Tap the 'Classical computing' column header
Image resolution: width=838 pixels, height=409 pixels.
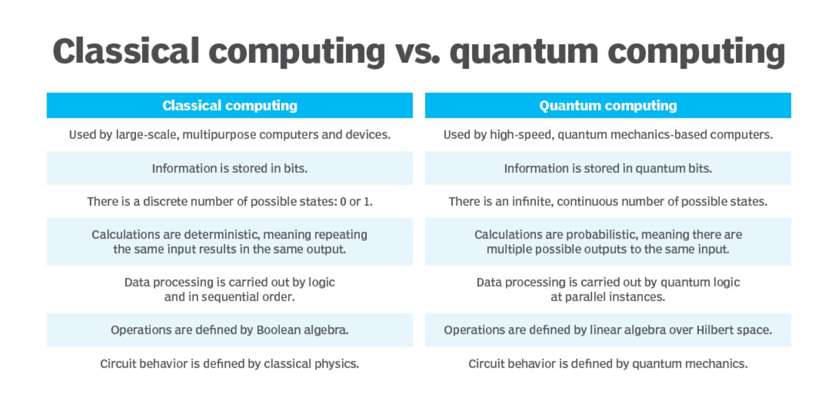pyautogui.click(x=229, y=105)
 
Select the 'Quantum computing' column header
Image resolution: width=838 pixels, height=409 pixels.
pyautogui.click(x=608, y=105)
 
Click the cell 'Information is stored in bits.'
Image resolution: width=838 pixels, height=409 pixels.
pyautogui.click(x=229, y=169)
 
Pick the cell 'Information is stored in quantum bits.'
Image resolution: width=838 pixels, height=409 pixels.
pyautogui.click(x=608, y=169)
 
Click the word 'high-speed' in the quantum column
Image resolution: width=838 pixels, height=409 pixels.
pyautogui.click(x=522, y=135)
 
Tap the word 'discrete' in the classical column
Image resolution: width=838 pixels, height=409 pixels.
pyautogui.click(x=165, y=202)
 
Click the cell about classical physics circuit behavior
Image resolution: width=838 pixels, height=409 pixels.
pyautogui.click(x=229, y=363)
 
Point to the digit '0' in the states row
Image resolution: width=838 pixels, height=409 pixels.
pyautogui.click(x=343, y=202)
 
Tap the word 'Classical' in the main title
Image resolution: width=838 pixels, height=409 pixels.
pyautogui.click(x=126, y=51)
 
